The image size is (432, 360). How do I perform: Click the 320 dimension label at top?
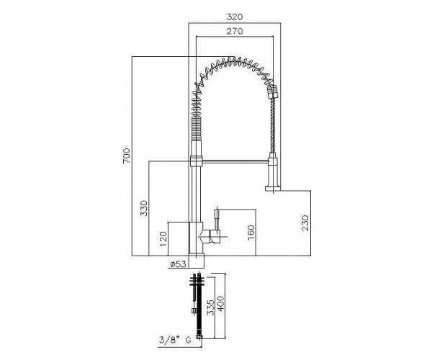[235, 17]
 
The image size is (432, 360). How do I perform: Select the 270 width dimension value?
[235, 32]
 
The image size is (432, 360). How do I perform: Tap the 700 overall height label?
[126, 156]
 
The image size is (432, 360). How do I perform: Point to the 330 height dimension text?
[144, 208]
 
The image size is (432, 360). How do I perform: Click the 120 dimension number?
[163, 239]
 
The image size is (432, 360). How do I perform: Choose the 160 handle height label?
[251, 233]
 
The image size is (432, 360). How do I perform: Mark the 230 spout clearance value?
[305, 223]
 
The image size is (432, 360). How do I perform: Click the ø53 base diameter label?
[178, 264]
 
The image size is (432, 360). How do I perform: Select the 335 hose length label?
[210, 307]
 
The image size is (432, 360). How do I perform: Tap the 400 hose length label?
[221, 304]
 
